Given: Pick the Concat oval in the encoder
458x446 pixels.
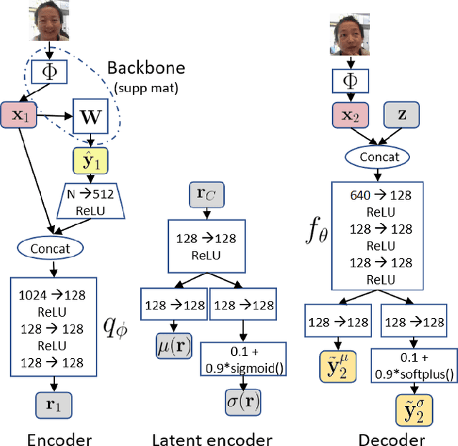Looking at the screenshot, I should click(50, 248).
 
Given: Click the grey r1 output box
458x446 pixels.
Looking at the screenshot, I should click(54, 405).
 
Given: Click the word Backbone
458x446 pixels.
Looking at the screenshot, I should click(146, 68).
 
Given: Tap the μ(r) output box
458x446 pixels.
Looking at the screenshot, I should click(174, 348).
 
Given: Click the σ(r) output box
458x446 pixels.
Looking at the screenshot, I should click(243, 398).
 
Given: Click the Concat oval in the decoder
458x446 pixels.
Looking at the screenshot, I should click(374, 157).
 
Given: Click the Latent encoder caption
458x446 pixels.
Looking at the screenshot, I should click(212, 439).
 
